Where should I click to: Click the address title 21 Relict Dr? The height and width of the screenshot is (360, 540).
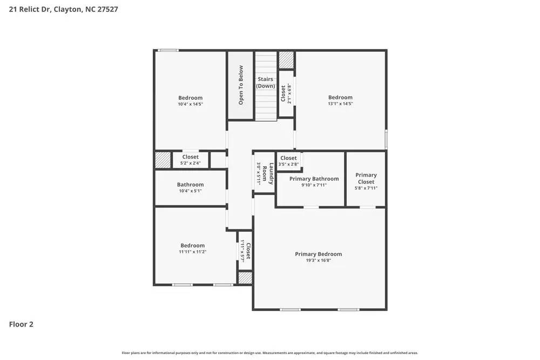tap(64, 9)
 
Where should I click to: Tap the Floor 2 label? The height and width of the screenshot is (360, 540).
tap(21, 324)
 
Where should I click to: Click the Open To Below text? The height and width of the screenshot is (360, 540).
tap(241, 85)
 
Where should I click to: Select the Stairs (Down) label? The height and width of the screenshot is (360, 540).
tap(265, 83)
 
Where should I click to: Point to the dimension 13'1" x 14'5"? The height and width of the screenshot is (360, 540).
tap(340, 104)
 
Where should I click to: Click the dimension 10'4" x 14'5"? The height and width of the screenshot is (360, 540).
tap(190, 104)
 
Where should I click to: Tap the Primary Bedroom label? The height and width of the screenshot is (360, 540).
tap(318, 254)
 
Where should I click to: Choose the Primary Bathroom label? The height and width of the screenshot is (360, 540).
tap(314, 179)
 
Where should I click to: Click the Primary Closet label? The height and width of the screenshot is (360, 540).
tap(366, 178)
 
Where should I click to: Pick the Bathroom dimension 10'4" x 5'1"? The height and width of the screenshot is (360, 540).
tap(190, 191)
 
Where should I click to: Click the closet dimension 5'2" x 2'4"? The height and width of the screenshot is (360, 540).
tap(190, 163)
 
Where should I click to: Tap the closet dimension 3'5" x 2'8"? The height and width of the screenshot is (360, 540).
tap(288, 164)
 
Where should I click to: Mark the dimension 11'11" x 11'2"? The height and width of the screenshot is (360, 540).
tap(193, 252)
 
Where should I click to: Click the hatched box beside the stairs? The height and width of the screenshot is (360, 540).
tap(286, 59)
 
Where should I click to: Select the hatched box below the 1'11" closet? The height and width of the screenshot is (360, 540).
tap(245, 278)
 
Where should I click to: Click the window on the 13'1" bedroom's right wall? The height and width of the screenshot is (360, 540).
tap(386, 139)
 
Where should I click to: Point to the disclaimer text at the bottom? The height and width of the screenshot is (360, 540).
tap(269, 352)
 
